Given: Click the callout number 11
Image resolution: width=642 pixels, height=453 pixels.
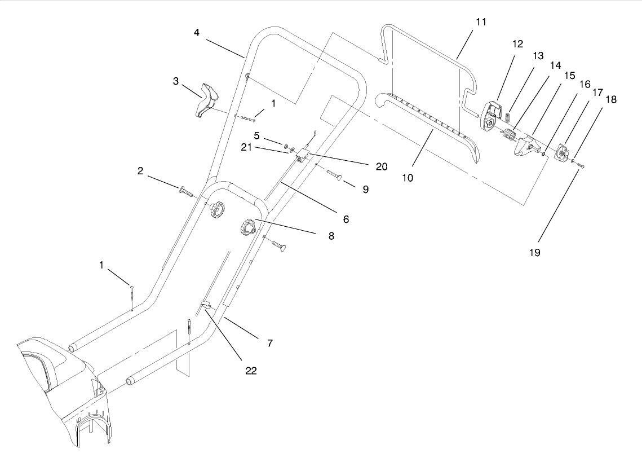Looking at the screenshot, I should pyautogui.click(x=480, y=23).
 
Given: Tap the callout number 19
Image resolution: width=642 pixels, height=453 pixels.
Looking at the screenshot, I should pyautogui.click(x=534, y=253).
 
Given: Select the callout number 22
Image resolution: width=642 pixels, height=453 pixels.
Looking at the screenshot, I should pyautogui.click(x=251, y=371).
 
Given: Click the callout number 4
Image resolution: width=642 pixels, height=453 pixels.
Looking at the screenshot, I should pyautogui.click(x=197, y=33).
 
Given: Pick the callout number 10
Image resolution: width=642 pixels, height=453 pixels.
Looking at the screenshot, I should pyautogui.click(x=408, y=178).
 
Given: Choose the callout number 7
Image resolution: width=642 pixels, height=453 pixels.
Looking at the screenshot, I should pyautogui.click(x=270, y=342).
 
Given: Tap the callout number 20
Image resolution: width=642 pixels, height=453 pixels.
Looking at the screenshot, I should pyautogui.click(x=382, y=167).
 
